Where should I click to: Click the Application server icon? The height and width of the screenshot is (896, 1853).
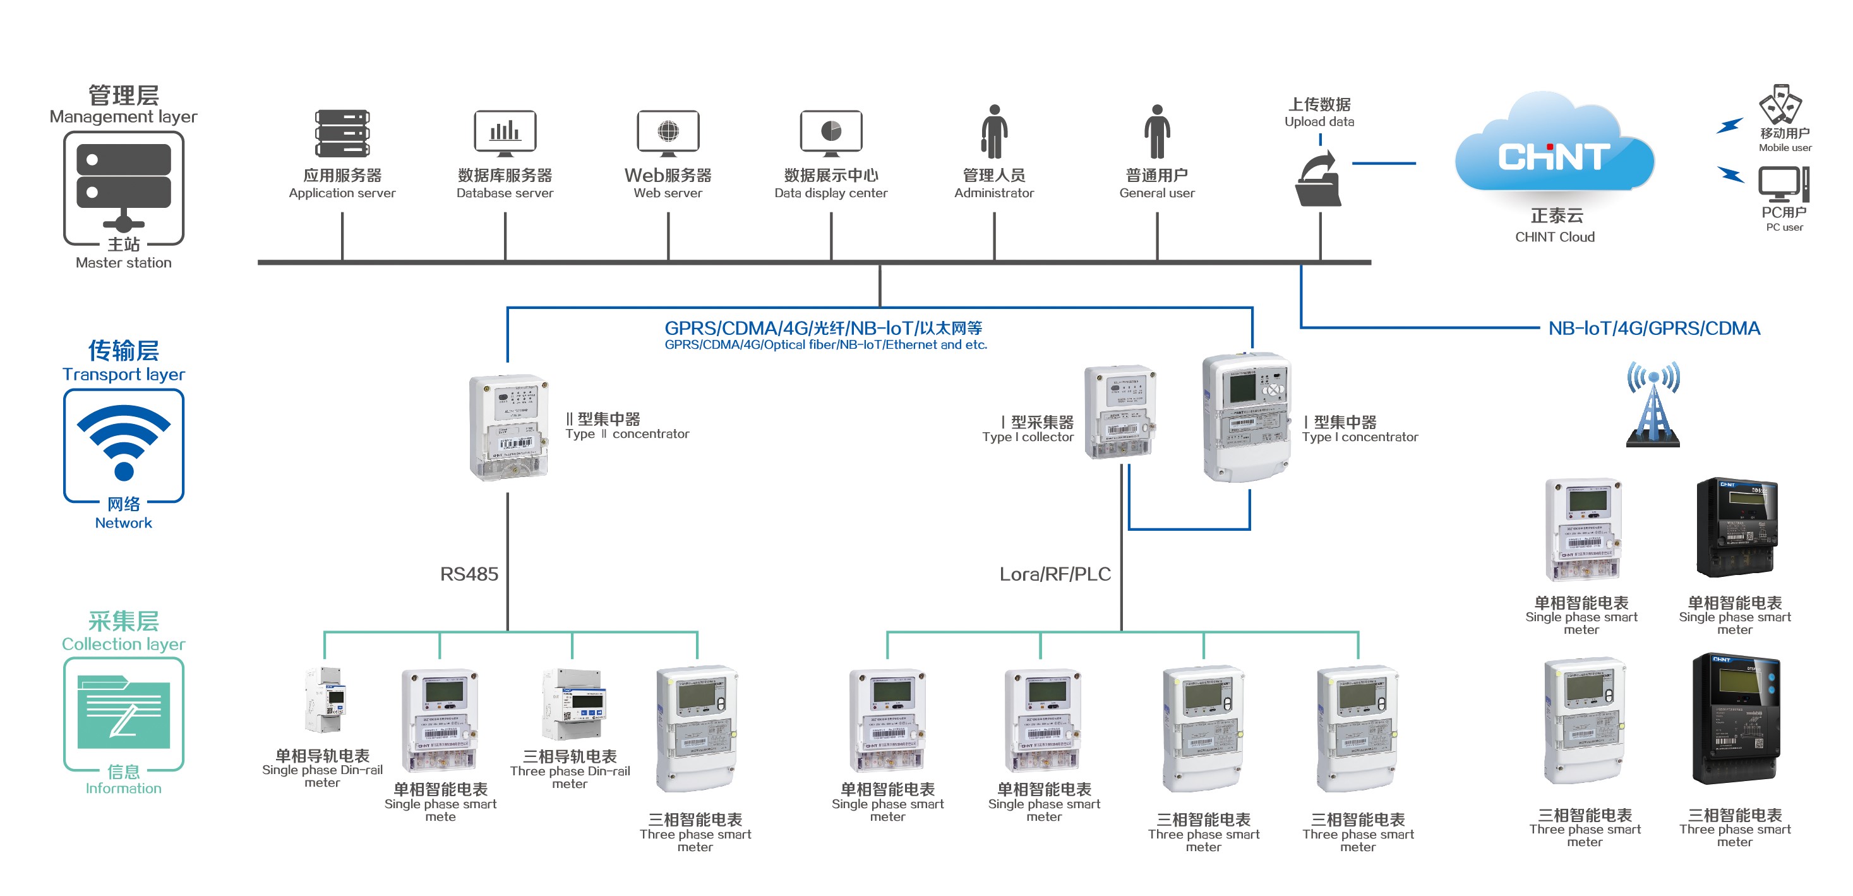pyautogui.click(x=342, y=133)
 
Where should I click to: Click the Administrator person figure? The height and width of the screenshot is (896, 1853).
pyautogui.click(x=994, y=131)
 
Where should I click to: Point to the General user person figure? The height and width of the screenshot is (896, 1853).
pyautogui.click(x=1156, y=131)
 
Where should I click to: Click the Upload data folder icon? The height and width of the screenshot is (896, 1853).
pyautogui.click(x=1319, y=180)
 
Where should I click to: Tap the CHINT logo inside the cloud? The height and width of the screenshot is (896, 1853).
pyautogui.click(x=1554, y=157)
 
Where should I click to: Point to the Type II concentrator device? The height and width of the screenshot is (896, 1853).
pyautogui.click(x=508, y=428)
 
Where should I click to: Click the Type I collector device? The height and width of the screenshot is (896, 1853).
pyautogui.click(x=1119, y=411)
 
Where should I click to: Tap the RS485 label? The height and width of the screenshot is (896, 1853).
pyautogui.click(x=469, y=574)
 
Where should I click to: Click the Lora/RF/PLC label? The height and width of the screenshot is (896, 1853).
pyautogui.click(x=1055, y=574)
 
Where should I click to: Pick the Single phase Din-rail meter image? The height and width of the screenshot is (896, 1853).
pyautogui.click(x=325, y=700)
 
